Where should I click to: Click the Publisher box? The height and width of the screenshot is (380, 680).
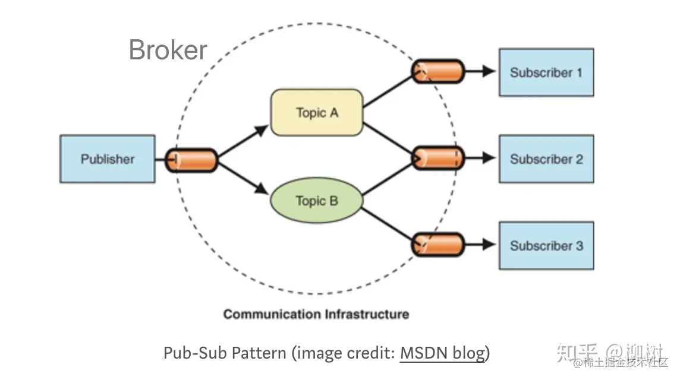(108, 159)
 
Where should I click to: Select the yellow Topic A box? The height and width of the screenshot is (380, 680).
(316, 112)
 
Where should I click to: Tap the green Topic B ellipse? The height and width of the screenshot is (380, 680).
(316, 201)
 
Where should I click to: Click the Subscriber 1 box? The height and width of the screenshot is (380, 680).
(546, 72)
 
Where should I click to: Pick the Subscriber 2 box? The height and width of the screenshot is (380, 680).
(546, 159)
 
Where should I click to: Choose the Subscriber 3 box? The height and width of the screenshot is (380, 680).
(546, 245)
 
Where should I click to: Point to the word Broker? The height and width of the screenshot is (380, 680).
(168, 50)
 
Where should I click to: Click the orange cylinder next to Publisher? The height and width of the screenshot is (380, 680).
(191, 160)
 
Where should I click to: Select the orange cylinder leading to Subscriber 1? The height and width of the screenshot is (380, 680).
(438, 71)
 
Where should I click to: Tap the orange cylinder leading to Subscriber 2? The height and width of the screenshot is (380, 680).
(438, 158)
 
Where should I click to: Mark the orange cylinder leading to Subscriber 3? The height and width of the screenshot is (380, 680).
(438, 244)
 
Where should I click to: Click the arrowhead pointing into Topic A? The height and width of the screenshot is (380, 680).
(262, 129)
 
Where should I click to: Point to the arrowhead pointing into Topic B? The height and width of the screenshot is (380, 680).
(262, 189)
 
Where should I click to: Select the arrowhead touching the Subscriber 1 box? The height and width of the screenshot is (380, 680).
(489, 71)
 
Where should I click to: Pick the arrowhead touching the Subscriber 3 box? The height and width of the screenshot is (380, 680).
(489, 244)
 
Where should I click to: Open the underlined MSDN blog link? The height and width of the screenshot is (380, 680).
(442, 353)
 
